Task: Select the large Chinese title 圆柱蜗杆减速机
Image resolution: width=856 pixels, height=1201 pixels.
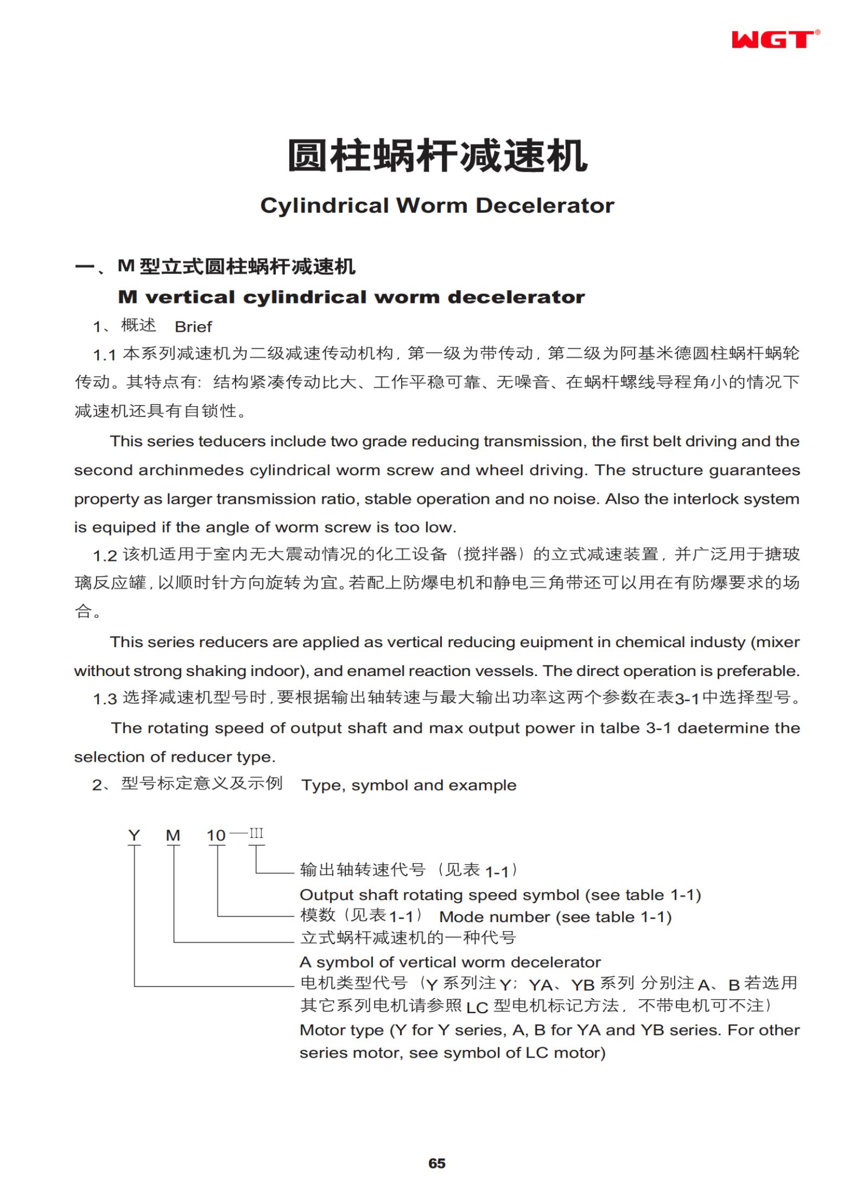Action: [437, 156]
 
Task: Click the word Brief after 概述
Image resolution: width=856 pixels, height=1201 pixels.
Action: [193, 327]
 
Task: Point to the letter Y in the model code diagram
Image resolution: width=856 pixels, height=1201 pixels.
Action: [134, 835]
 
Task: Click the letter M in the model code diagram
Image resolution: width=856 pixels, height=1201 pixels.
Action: [173, 835]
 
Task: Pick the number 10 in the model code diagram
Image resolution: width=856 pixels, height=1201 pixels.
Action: [216, 835]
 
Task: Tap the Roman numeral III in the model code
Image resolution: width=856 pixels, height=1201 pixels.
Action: [256, 833]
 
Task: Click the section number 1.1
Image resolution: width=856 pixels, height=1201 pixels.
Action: [105, 356]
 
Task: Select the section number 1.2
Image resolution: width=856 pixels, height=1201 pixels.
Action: [105, 556]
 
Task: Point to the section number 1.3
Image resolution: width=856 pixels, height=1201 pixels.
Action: [105, 699]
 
